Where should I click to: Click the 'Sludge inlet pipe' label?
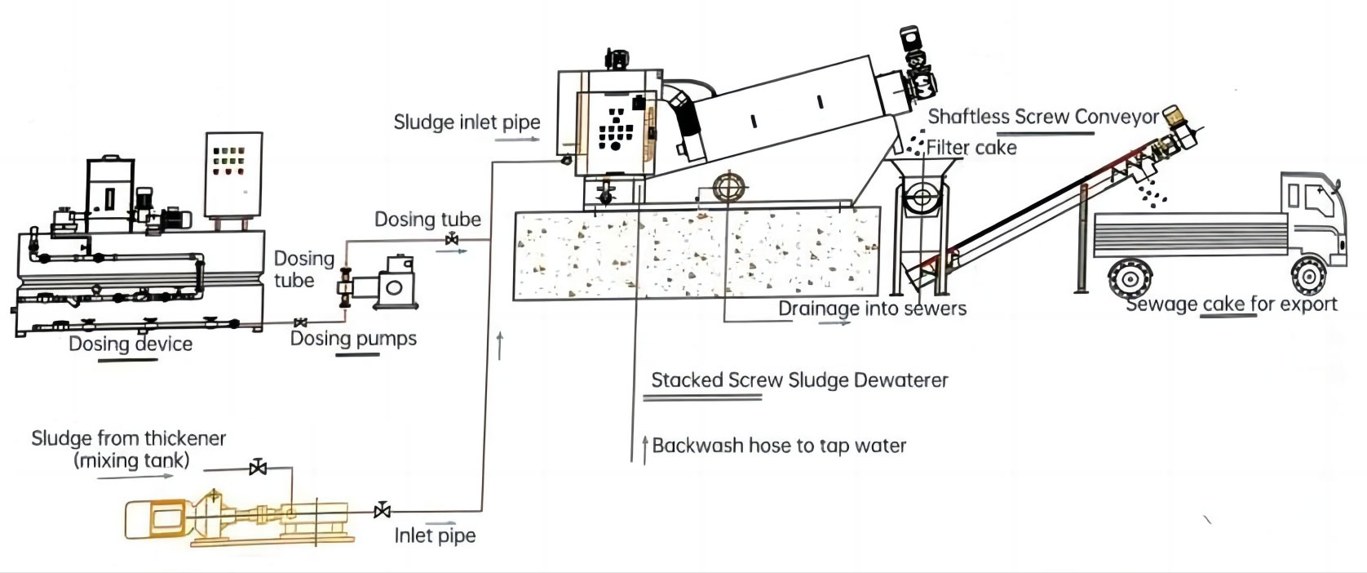pos(467,122)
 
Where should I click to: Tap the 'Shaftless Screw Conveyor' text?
pos(1042,117)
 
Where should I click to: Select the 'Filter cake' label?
pos(971,148)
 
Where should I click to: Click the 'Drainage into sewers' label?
pos(871,309)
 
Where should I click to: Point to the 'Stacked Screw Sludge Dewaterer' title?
pos(799,380)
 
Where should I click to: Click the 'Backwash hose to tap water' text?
pos(779,446)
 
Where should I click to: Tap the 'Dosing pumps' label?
pos(353,338)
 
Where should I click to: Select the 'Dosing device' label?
pos(131,344)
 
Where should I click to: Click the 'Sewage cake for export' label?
pos(1231,304)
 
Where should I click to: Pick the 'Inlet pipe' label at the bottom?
pos(435,535)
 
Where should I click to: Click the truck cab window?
pos(1316,198)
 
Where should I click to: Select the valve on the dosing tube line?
pos(451,240)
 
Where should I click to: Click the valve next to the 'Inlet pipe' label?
pos(381,511)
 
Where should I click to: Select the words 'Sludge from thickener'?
pos(128,438)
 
